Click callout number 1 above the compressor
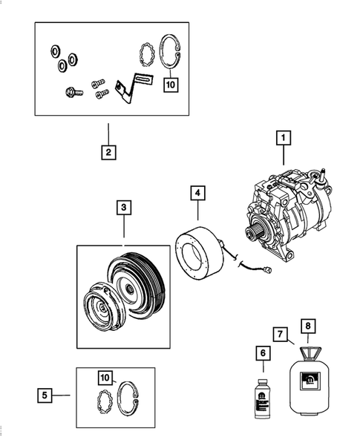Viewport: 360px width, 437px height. coord(282,137)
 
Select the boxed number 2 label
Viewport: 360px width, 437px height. coord(108,153)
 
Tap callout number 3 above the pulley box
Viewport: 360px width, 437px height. coord(123,208)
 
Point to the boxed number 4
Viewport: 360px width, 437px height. coord(197,193)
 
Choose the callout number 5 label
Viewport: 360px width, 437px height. coord(46,395)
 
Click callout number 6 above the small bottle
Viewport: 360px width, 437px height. coord(261,355)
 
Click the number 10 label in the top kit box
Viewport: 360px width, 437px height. coord(171,85)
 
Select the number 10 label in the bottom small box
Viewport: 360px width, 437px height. coord(108,378)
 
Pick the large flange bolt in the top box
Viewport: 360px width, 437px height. coord(71,94)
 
